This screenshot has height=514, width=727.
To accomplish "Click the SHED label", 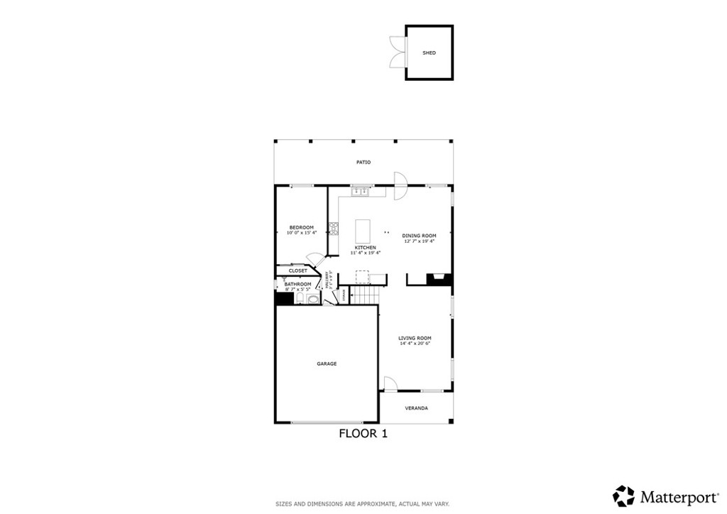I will [429, 53].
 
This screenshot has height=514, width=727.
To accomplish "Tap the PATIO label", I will [363, 163].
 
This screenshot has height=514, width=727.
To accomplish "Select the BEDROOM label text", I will [301, 227].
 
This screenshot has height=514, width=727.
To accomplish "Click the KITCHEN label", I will [365, 247].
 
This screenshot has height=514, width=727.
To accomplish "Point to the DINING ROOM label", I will [419, 236].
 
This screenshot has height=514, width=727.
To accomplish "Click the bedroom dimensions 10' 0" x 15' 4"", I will [301, 233].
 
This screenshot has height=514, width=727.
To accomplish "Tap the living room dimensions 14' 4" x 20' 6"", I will [415, 344].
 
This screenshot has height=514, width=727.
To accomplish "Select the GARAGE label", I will [327, 364].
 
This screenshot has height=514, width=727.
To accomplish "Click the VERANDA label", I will [416, 408].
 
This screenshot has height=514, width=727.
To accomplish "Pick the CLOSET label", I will [298, 270].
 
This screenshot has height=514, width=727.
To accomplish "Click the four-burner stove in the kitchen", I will [334, 229].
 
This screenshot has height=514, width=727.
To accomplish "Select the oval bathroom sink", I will [313, 299].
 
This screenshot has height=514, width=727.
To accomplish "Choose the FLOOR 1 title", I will [363, 433].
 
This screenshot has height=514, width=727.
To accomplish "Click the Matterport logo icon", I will [624, 495].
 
